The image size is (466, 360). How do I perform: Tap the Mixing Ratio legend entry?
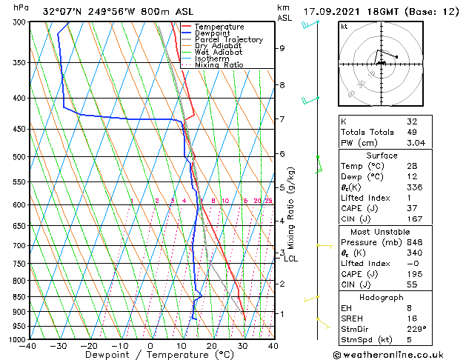click(x=219, y=65)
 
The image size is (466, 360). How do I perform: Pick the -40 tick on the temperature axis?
click(x=28, y=346)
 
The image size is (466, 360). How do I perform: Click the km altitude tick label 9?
click(x=282, y=48)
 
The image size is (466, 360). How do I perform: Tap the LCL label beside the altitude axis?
click(x=290, y=259)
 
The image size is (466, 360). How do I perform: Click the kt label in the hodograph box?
click(x=344, y=26)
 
